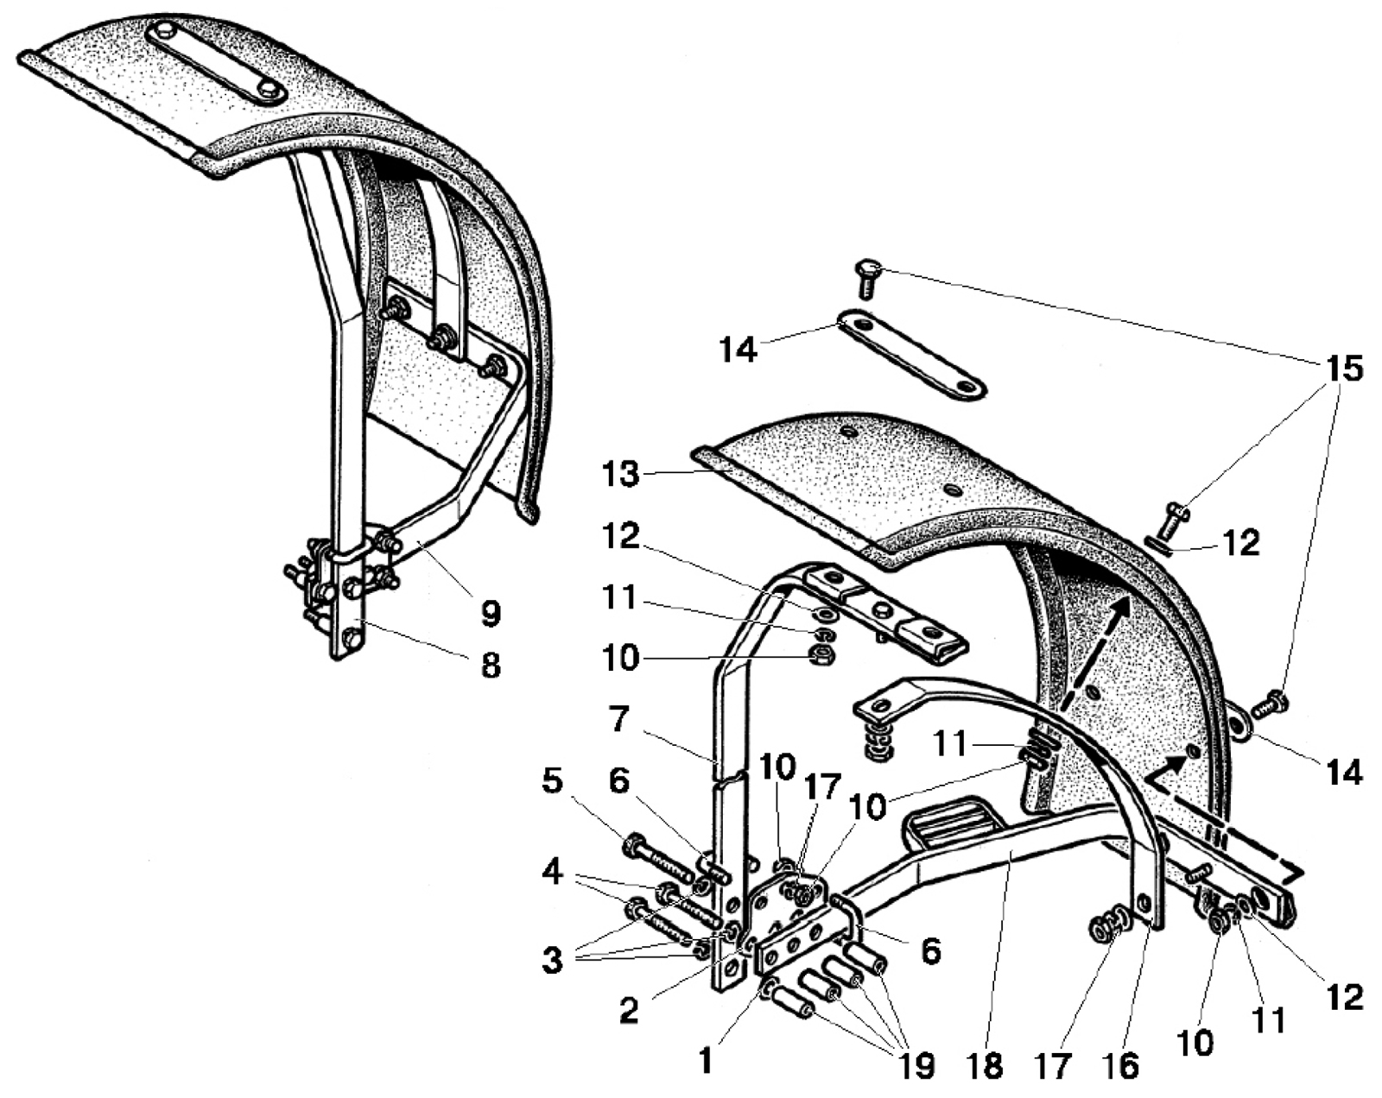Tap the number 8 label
[x=491, y=666]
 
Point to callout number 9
[x=490, y=614]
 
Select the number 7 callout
[x=618, y=719]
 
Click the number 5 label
[x=552, y=781]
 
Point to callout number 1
[x=706, y=1060]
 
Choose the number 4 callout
[x=552, y=872]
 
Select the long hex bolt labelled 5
[x=658, y=859]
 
